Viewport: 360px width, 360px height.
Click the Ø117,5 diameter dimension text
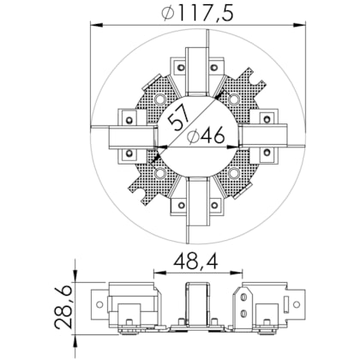pyautogui.click(x=196, y=14)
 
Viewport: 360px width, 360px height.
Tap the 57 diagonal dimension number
pyautogui.click(x=178, y=117)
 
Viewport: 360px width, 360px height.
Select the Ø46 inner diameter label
pyautogui.click(x=206, y=136)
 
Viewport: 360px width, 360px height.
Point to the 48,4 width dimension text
pyautogui.click(x=196, y=261)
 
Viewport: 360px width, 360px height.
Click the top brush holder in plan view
pyautogui.click(x=196, y=71)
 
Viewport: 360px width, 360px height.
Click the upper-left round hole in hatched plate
pyautogui.click(x=160, y=99)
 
